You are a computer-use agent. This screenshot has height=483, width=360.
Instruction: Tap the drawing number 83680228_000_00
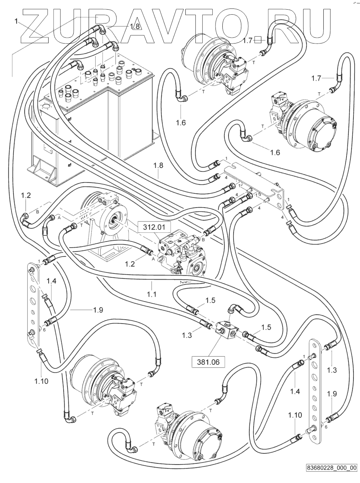coord(331,468)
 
